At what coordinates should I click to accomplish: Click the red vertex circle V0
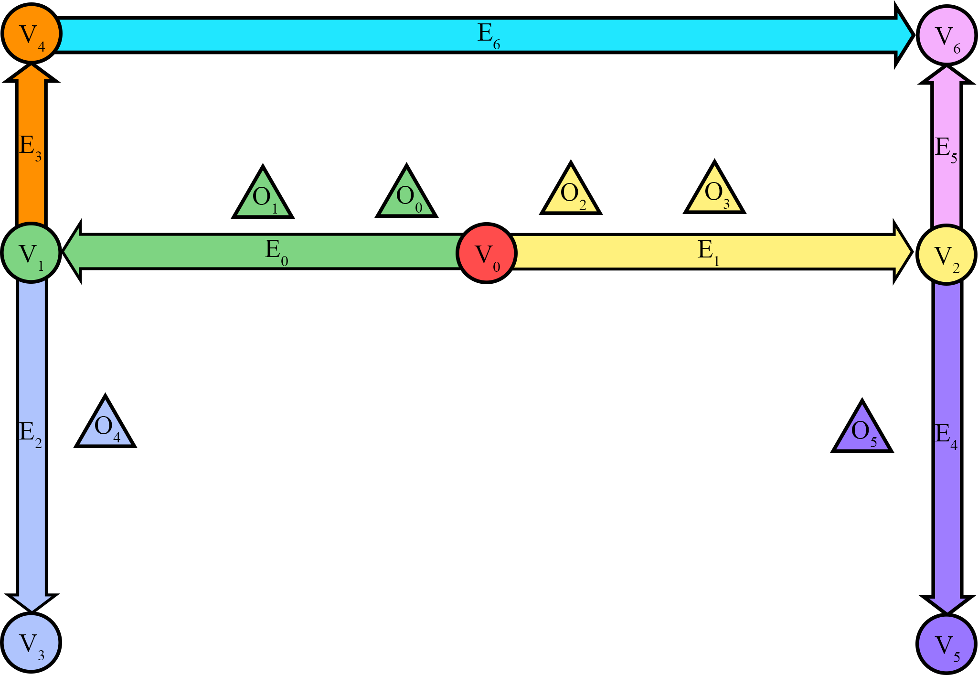tap(487, 253)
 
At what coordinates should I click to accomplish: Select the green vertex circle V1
tap(31, 253)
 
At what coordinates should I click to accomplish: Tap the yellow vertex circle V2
tap(946, 255)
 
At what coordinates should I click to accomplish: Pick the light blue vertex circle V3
tap(31, 643)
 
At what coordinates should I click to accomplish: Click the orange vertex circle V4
tap(32, 33)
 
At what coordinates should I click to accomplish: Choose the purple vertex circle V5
tap(946, 644)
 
